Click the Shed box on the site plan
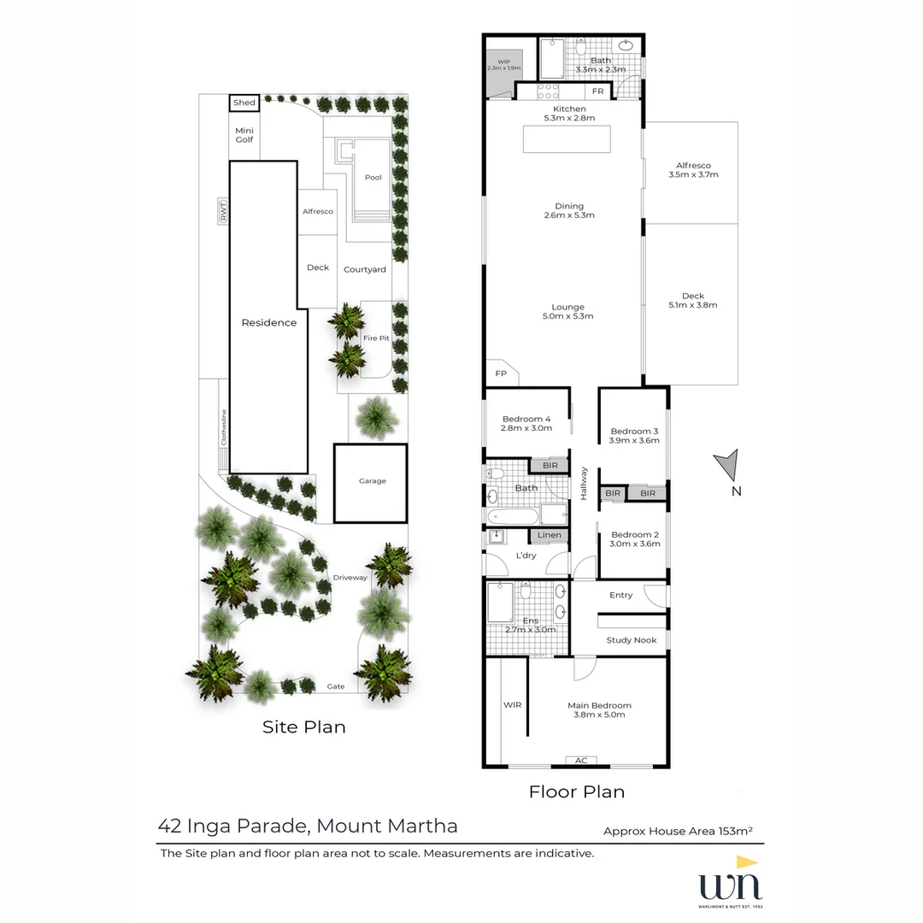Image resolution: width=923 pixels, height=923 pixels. click(244, 103)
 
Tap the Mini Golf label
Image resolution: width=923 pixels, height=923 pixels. click(244, 134)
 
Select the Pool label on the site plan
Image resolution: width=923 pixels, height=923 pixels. click(373, 178)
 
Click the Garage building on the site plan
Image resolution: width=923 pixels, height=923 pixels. click(370, 482)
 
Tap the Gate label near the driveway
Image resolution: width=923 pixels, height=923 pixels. click(335, 685)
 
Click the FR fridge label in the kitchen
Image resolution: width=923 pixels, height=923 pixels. click(598, 91)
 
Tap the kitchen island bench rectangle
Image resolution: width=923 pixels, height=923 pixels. click(567, 139)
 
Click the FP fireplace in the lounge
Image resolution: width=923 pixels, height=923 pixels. click(501, 373)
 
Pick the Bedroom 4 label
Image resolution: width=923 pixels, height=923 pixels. click(526, 419)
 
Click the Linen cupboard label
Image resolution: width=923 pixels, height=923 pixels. click(550, 535)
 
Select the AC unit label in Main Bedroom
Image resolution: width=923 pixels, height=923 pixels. click(581, 760)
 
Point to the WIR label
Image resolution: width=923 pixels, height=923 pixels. click(512, 705)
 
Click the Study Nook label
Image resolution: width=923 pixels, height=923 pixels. click(632, 640)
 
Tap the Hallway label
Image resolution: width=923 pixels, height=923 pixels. click(585, 483)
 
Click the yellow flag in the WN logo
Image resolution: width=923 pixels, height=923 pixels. click(747, 863)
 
